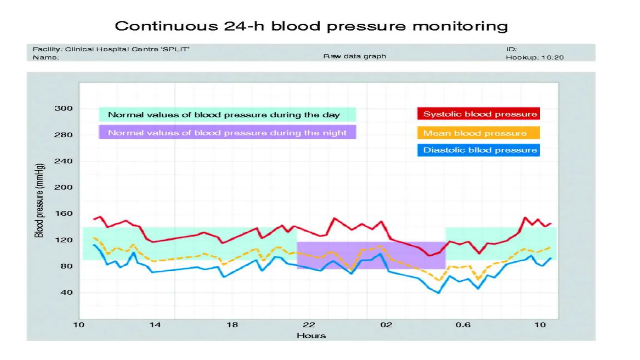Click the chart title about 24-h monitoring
pyautogui.click(x=311, y=26)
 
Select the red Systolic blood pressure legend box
pyautogui.click(x=478, y=114)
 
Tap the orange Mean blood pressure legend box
pyautogui.click(x=478, y=133)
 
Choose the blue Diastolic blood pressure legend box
pyautogui.click(x=478, y=150)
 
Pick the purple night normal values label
pyautogui.click(x=227, y=132)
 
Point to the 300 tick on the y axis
pyautogui.click(x=63, y=108)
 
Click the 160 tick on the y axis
pyautogui.click(x=63, y=213)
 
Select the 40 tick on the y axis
pyautogui.click(x=66, y=292)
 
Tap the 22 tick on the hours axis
pyautogui.click(x=309, y=325)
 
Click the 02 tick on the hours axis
pyautogui.click(x=386, y=325)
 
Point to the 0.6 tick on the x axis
pyautogui.click(x=463, y=325)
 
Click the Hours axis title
pyautogui.click(x=311, y=336)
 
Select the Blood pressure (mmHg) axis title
pyautogui.click(x=39, y=200)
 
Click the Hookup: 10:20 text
pyautogui.click(x=535, y=57)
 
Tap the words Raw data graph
pyautogui.click(x=355, y=56)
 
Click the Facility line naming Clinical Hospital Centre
pyautogui.click(x=111, y=49)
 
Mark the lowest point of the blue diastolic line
pyautogui.click(x=439, y=293)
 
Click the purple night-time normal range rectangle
pyautogui.click(x=371, y=255)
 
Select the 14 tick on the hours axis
pyautogui.click(x=155, y=325)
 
